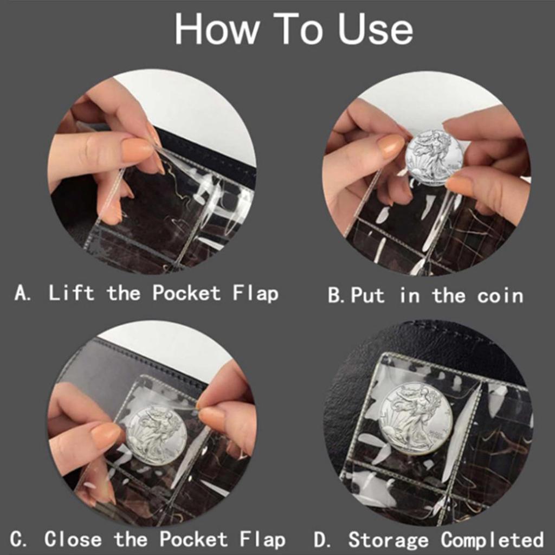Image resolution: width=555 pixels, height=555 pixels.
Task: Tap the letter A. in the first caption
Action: (x=23, y=294)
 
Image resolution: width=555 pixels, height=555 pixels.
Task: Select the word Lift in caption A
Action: (x=71, y=293)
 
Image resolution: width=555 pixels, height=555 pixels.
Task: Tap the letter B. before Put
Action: (x=337, y=296)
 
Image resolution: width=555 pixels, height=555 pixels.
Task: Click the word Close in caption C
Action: (x=73, y=539)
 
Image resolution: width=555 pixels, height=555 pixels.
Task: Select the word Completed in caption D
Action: (x=492, y=540)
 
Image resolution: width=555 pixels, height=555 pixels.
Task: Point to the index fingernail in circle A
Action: (x=135, y=150)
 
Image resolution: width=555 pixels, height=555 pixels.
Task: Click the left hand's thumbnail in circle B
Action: (x=390, y=146)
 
